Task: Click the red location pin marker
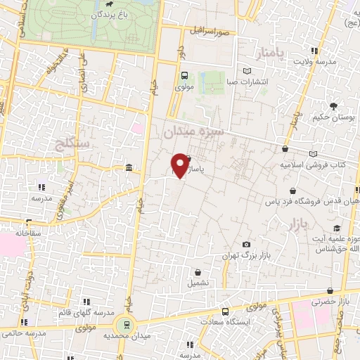point(179,165)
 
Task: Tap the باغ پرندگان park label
point(112,14)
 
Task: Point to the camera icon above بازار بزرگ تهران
point(245,244)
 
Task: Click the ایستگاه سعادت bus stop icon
point(224,311)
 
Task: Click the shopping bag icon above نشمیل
point(200,271)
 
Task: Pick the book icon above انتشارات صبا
point(245,70)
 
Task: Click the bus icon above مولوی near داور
point(184,76)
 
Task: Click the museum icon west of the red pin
point(128,167)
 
